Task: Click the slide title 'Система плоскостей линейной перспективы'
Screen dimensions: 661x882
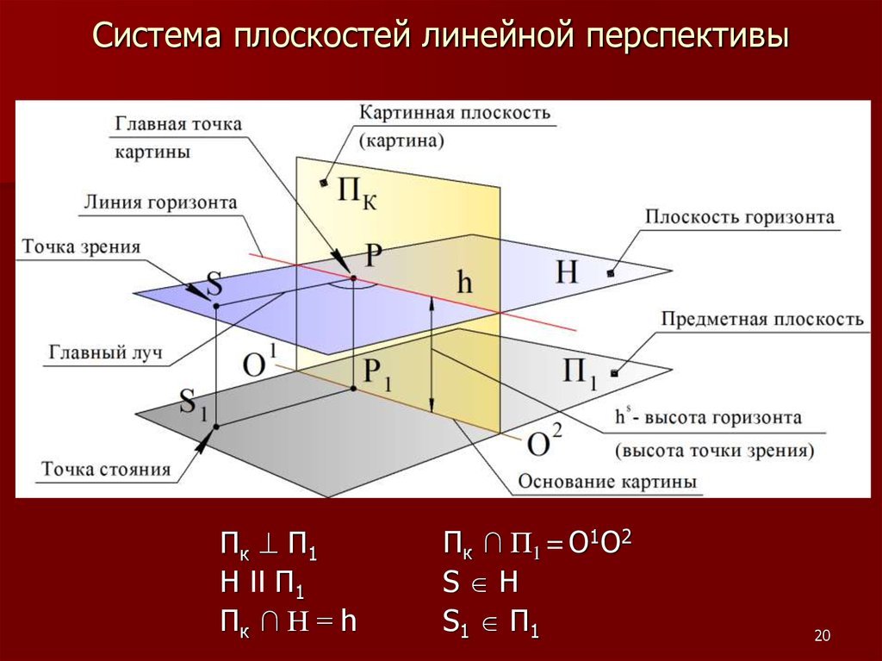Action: pos(440,37)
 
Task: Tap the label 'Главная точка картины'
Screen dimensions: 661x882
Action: pos(177,136)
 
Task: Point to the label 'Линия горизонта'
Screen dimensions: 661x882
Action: pos(160,203)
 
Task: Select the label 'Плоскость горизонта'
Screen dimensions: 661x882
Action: pos(740,216)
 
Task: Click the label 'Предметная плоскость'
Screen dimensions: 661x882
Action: pos(761,320)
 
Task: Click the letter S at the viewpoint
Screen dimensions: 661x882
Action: pos(214,284)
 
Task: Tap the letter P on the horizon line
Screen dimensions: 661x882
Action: pos(373,255)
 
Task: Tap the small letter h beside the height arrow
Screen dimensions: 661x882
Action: pos(464,284)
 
